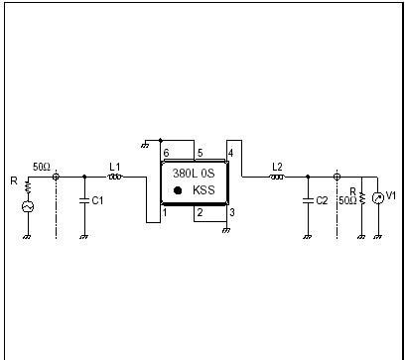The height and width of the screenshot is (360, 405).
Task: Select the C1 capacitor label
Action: click(x=96, y=200)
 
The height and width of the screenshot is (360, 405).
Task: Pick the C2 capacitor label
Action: click(x=321, y=200)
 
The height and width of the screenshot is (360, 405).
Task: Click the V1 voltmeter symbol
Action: click(x=377, y=197)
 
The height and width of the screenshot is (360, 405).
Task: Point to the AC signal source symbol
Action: click(x=28, y=206)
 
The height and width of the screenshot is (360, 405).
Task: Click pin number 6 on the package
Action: click(x=166, y=153)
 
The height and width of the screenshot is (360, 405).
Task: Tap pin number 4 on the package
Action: click(x=230, y=153)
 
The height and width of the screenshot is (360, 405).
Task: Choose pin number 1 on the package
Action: click(x=166, y=212)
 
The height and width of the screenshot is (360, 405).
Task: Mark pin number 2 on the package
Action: click(x=199, y=212)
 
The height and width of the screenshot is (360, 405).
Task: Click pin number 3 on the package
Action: click(x=230, y=212)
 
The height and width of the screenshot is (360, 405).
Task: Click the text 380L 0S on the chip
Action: click(x=193, y=171)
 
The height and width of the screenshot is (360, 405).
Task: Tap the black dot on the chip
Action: click(x=177, y=188)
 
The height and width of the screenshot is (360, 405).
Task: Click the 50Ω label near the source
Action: click(x=42, y=168)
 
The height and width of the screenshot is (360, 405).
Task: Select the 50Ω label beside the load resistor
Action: click(x=347, y=200)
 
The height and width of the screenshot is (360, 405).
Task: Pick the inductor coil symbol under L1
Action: click(x=114, y=178)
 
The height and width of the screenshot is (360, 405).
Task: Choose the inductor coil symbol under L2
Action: click(x=277, y=178)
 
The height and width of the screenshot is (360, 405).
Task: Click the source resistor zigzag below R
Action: click(x=28, y=186)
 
